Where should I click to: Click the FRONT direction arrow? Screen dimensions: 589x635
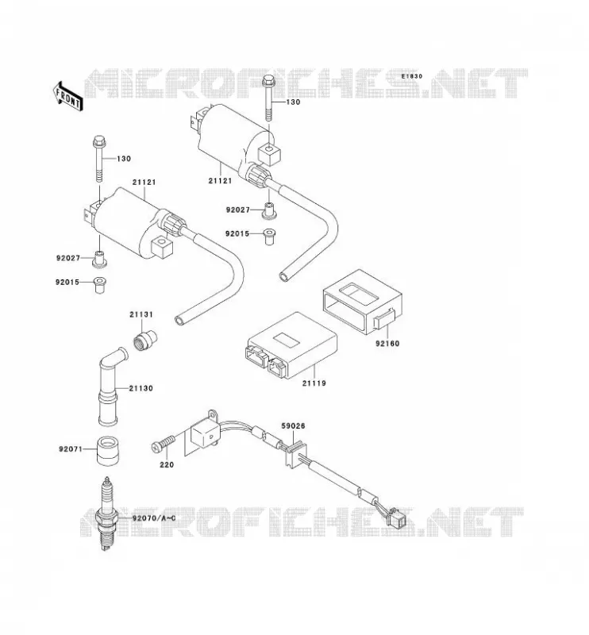pos(67,96)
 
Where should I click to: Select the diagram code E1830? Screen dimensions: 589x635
pos(412,76)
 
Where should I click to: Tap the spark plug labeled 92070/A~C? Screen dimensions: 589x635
pos(106,513)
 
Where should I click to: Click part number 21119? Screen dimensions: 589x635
pos(314,383)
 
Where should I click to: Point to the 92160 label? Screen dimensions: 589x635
pos(387,344)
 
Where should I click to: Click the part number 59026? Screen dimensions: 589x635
pos(293,426)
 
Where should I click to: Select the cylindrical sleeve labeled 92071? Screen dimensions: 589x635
pos(107,450)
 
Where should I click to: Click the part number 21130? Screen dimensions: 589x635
pos(141,388)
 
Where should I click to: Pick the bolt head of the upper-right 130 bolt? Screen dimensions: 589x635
pos(270,82)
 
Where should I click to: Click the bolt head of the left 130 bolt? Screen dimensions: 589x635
pos(100,142)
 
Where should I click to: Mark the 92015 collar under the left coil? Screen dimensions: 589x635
pos(100,285)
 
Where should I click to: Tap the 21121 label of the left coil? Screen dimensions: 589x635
pos(144,183)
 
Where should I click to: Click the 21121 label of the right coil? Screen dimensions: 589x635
pos(221,181)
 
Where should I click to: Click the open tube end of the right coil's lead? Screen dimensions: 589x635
pos(285,276)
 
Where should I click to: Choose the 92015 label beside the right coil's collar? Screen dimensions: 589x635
pos(237,234)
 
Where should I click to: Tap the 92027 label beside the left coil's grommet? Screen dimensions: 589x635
pos(68,258)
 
